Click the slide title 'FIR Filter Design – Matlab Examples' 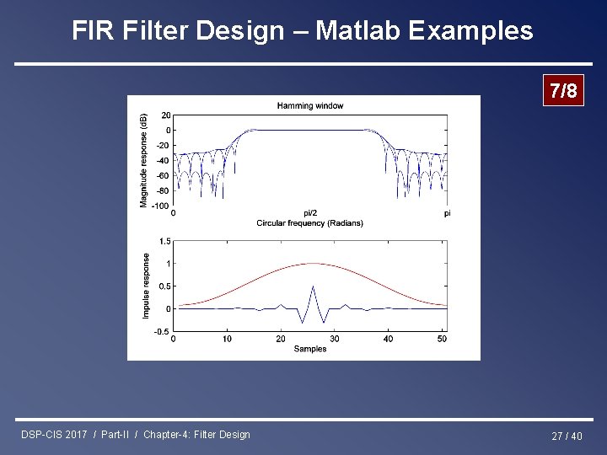click(303, 31)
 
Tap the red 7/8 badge click(562, 91)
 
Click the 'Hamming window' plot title click(310, 105)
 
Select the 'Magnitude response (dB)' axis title click(143, 159)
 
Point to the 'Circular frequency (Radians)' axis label click(309, 223)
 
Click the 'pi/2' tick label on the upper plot click(310, 213)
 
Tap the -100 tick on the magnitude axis click(160, 206)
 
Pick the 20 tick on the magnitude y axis click(165, 115)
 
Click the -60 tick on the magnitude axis click(163, 175)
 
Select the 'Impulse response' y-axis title click(146, 286)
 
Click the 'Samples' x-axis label click(310, 349)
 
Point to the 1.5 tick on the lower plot click(164, 241)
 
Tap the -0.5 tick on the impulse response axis click(162, 331)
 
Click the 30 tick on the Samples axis click(335, 339)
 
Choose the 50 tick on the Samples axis click(442, 339)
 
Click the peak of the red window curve click(312, 264)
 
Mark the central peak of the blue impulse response click(313, 286)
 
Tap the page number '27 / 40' click(567, 436)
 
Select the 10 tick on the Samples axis click(227, 339)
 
